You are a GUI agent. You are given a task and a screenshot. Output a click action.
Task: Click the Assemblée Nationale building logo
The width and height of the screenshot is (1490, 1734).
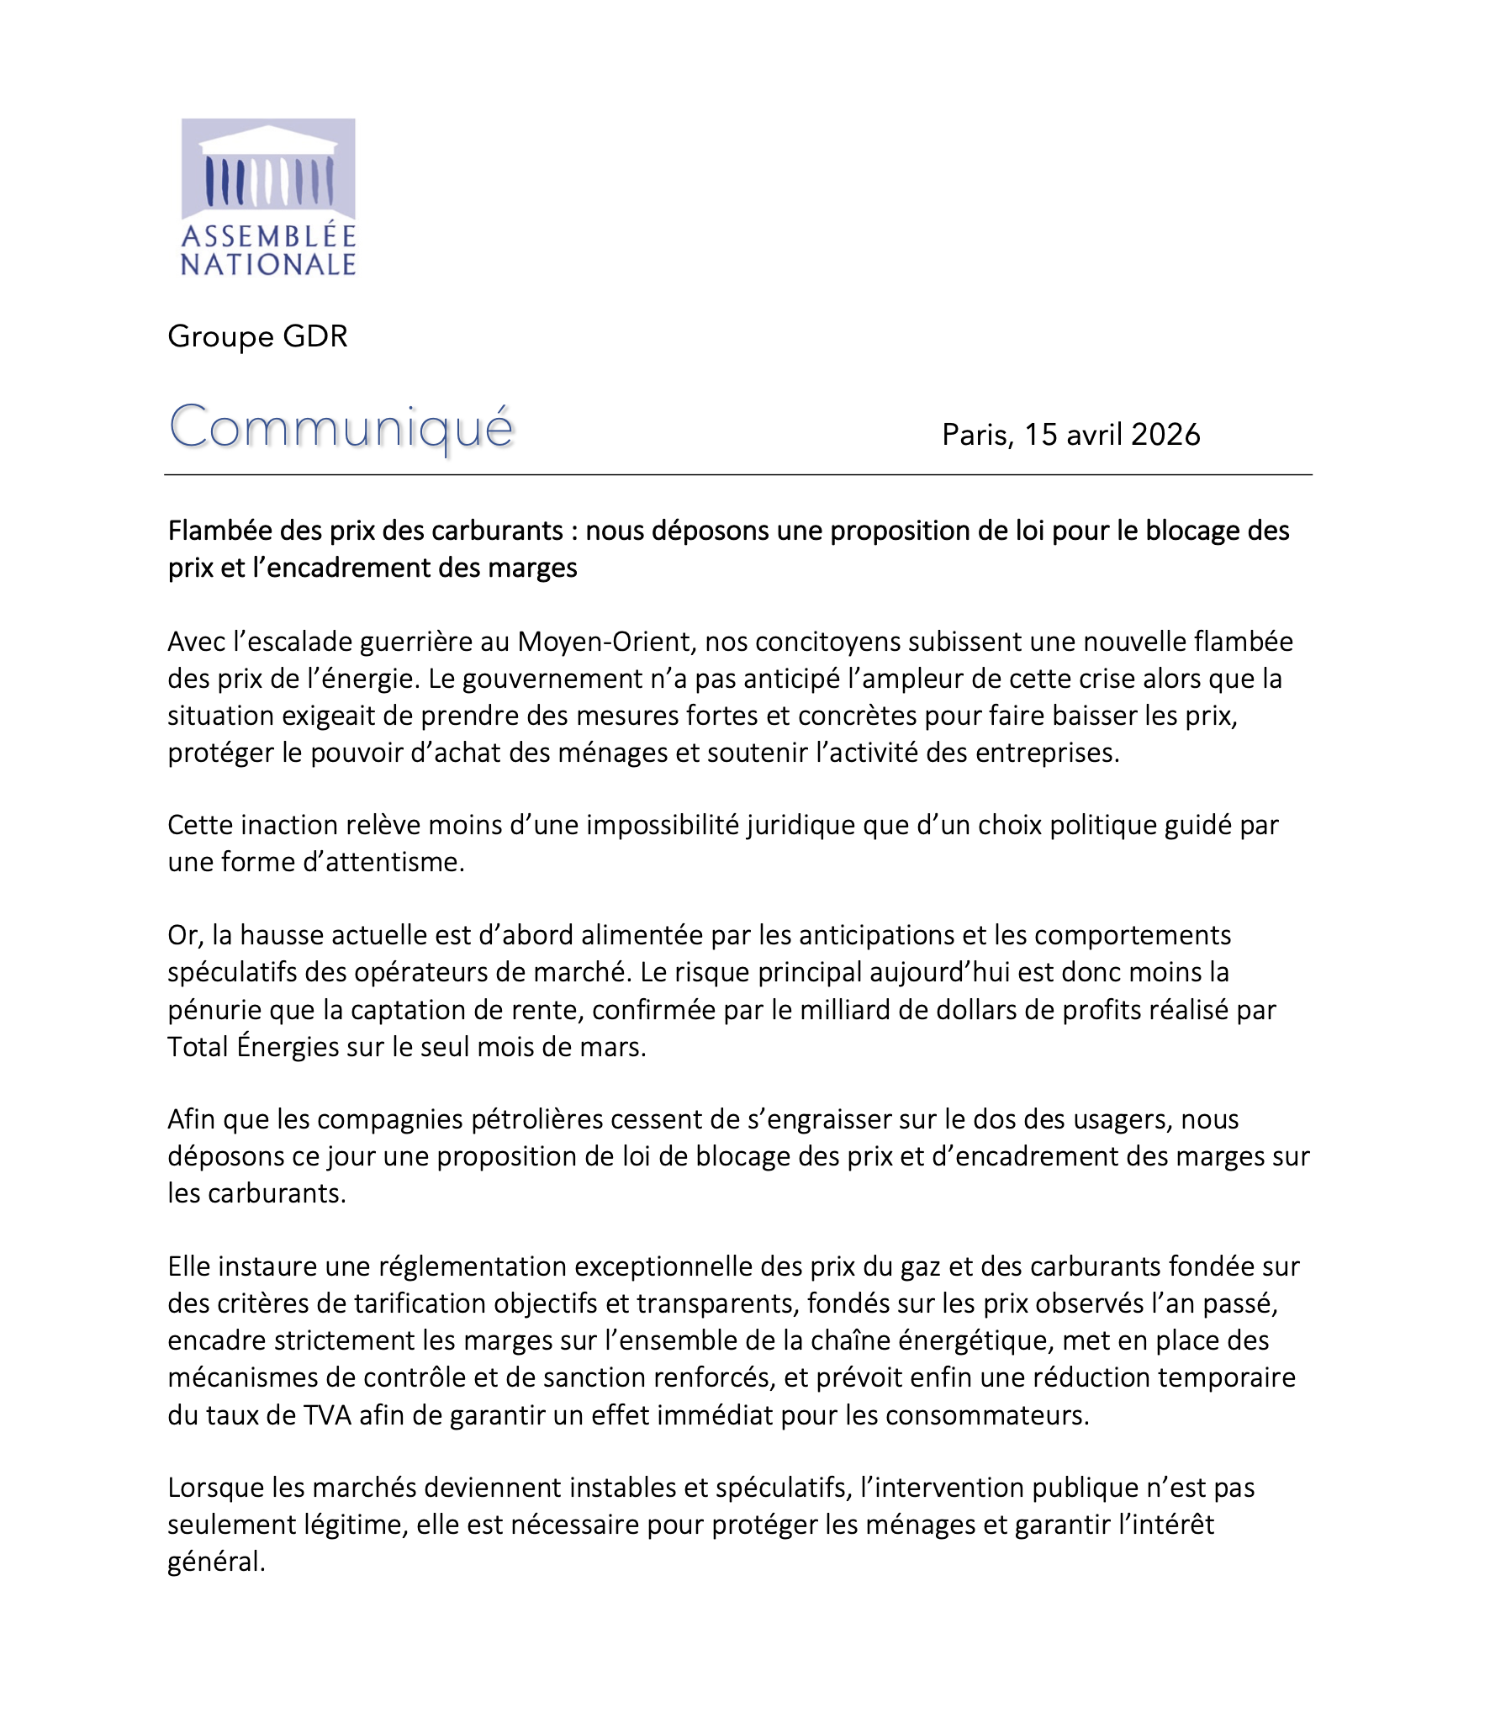(268, 197)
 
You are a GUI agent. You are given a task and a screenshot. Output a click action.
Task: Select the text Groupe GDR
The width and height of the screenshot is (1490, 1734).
(257, 336)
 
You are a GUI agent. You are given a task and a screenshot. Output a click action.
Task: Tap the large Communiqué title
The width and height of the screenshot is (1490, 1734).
(341, 427)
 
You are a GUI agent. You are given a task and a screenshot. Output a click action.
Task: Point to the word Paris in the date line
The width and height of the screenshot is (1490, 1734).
(977, 435)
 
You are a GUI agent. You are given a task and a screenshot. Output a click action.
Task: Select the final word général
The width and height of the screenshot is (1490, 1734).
(216, 1562)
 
